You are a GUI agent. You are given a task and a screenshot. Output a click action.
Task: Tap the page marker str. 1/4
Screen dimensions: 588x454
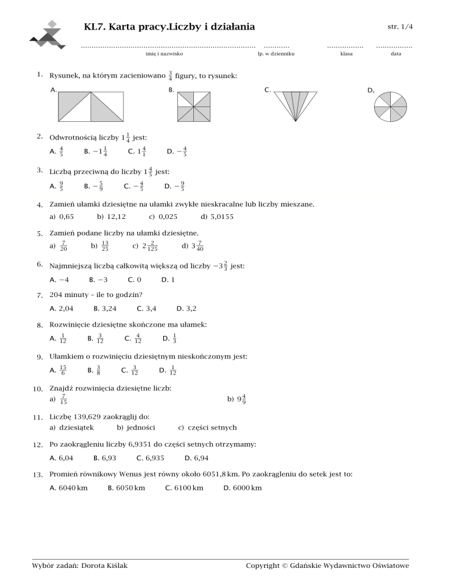pyautogui.click(x=400, y=27)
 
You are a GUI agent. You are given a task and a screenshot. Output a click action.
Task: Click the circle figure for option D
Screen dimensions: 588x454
pyautogui.click(x=391, y=107)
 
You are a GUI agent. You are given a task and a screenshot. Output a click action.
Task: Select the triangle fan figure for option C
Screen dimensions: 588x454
pyautogui.click(x=294, y=106)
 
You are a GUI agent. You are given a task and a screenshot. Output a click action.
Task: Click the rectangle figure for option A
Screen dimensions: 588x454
pyautogui.click(x=90, y=106)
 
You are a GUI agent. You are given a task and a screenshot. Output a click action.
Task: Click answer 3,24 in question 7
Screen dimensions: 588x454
pyautogui.click(x=108, y=308)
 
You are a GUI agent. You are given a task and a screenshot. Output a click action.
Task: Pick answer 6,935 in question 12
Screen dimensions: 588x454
pyautogui.click(x=151, y=457)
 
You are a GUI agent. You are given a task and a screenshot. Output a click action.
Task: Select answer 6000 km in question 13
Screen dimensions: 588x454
pyautogui.click(x=246, y=487)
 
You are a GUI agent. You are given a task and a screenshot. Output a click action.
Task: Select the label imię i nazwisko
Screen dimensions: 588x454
pyautogui.click(x=164, y=54)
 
